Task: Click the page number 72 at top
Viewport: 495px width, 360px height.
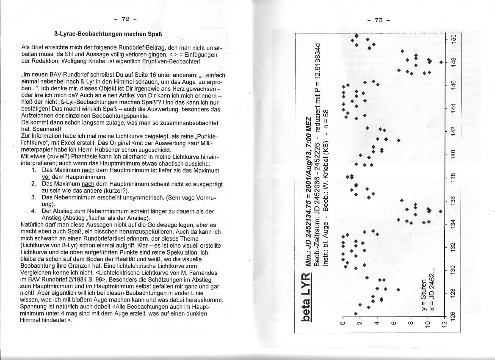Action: click(125, 19)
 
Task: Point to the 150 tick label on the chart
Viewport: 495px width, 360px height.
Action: click(454, 38)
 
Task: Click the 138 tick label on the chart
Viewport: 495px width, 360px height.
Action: click(454, 177)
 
